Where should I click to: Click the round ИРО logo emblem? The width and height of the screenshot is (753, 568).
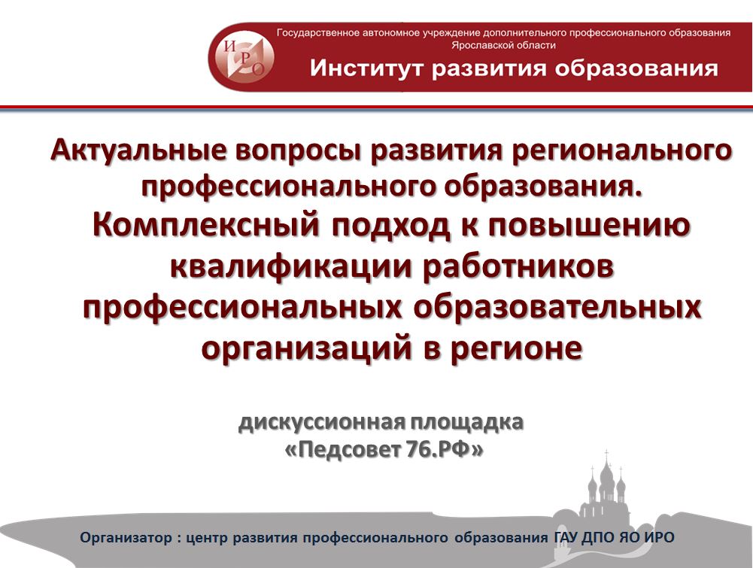click(x=244, y=56)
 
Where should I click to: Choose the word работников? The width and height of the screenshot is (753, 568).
click(x=518, y=266)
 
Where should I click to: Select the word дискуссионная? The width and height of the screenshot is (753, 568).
click(x=322, y=423)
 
